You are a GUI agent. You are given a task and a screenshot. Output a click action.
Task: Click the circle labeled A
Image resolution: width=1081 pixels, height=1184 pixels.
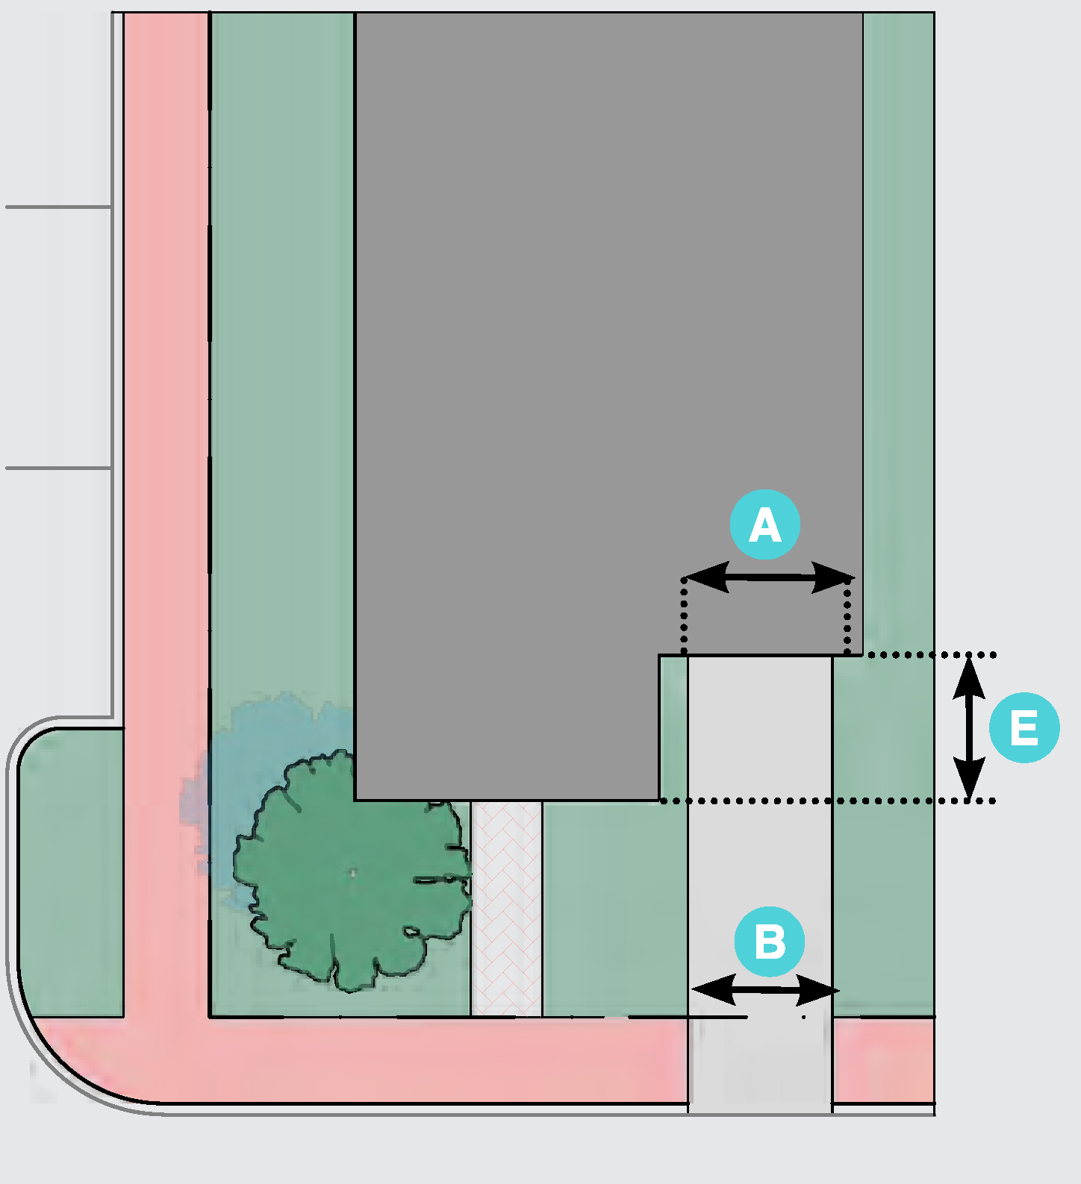(764, 524)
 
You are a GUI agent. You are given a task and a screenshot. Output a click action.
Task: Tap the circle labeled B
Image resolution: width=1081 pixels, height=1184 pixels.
(769, 942)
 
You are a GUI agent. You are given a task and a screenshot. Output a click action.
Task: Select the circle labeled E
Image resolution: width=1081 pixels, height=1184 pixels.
(1024, 727)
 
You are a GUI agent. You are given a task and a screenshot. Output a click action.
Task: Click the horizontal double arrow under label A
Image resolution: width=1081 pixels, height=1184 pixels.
(768, 577)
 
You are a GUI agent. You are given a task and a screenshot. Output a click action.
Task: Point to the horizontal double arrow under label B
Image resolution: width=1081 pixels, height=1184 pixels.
(766, 990)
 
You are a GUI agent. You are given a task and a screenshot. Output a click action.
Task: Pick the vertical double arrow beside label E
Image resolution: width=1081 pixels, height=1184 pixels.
(969, 727)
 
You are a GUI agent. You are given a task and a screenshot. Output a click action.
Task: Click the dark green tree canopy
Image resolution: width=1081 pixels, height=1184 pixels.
(351, 873)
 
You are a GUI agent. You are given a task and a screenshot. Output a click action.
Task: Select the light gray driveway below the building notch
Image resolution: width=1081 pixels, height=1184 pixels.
(759, 821)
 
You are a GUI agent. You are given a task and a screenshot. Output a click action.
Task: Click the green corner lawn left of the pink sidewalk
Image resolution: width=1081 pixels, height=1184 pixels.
(71, 873)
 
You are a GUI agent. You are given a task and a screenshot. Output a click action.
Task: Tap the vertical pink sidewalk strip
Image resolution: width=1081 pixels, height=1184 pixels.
(166, 448)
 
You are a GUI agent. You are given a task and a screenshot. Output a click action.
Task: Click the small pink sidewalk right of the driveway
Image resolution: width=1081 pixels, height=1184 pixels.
(883, 1059)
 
